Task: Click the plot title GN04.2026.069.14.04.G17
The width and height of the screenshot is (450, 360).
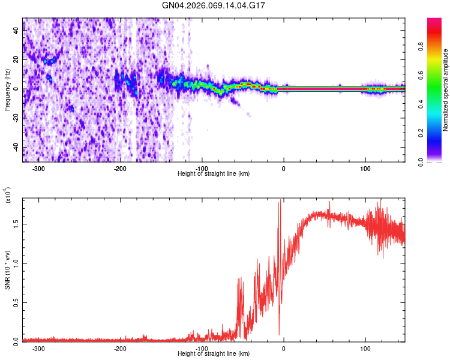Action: (x=214, y=5)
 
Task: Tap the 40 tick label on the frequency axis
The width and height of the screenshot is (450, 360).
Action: (x=17, y=31)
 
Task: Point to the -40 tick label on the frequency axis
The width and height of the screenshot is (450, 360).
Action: (x=16, y=148)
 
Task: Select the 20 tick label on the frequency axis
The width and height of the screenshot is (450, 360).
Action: (x=17, y=60)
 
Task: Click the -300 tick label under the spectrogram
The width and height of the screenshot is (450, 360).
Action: (x=39, y=169)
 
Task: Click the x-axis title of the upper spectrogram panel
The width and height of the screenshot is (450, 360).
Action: (x=214, y=174)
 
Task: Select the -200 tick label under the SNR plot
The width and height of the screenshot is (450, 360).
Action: (x=120, y=349)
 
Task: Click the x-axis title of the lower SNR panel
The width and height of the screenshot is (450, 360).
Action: (x=214, y=354)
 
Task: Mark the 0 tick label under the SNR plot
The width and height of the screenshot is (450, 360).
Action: (x=284, y=349)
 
